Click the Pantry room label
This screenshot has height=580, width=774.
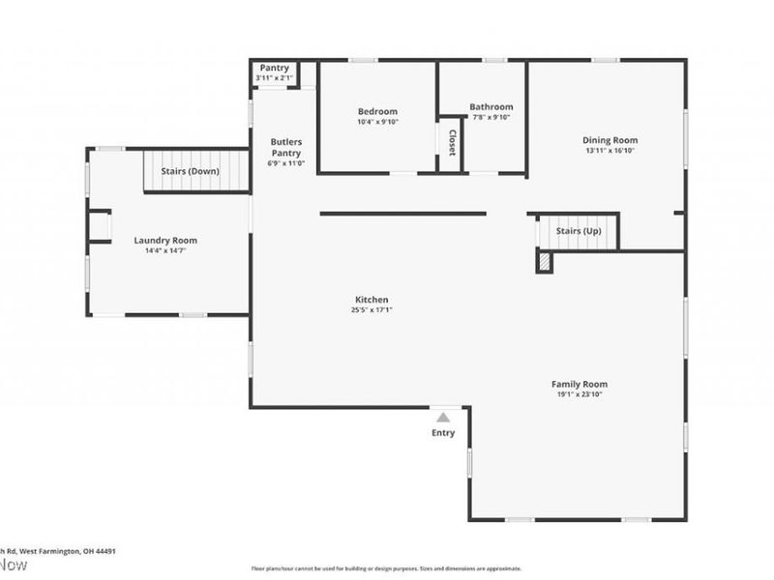[273, 68]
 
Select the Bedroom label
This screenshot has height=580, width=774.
[377, 112]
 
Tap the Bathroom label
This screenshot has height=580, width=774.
[491, 106]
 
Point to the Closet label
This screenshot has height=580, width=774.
[451, 142]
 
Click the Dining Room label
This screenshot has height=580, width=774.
[610, 140]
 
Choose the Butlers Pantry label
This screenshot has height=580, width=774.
[285, 147]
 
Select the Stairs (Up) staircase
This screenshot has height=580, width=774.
[578, 232]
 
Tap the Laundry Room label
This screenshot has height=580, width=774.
[165, 241]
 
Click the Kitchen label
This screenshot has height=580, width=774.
[371, 300]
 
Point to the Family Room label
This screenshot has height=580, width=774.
[580, 384]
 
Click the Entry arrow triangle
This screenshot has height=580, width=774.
[442, 417]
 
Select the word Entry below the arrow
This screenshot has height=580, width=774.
[442, 433]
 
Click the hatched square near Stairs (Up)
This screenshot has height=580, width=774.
[545, 262]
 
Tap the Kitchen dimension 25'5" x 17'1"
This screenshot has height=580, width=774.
[371, 310]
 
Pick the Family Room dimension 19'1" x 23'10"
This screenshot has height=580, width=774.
[580, 394]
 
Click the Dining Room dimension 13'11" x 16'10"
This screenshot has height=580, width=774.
[610, 151]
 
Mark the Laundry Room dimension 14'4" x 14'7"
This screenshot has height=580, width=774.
[165, 251]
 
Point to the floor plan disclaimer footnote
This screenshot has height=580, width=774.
[386, 568]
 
